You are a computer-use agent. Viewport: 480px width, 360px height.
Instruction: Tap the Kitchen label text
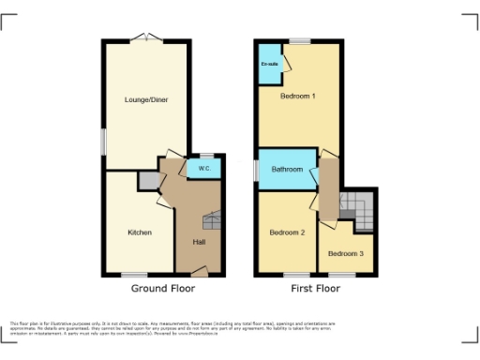[x=140, y=232]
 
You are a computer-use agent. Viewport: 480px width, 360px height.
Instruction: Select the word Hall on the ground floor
[x=199, y=242]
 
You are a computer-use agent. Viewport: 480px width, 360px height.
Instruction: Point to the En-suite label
[x=268, y=63]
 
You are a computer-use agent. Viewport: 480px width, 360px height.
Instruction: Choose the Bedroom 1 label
[x=298, y=97]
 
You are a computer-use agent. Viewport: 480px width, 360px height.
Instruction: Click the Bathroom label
[x=287, y=170]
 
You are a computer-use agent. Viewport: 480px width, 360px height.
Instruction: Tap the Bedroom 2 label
[x=287, y=232]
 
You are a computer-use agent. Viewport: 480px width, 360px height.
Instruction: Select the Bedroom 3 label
[x=345, y=253]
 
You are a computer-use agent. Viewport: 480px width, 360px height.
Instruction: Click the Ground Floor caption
[x=163, y=289]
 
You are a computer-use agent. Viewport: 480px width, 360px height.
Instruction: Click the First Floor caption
[x=314, y=289]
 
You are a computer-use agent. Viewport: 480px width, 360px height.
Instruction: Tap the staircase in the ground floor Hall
[x=211, y=221]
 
